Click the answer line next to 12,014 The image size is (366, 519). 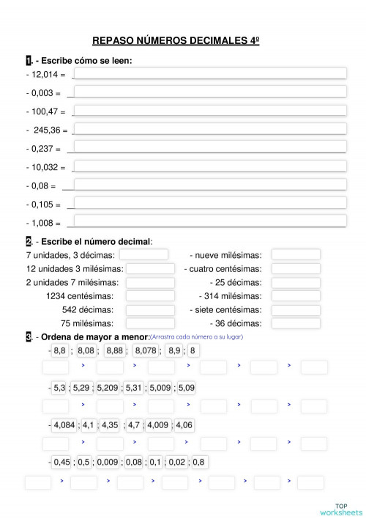point(209,73)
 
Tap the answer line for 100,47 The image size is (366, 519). point(209,111)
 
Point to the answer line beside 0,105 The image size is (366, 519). point(209,203)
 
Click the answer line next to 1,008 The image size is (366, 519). point(209,221)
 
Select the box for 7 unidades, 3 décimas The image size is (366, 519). point(143,254)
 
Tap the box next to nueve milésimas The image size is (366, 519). point(296,254)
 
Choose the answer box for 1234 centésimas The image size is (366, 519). point(149,296)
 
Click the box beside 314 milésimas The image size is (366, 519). point(296,296)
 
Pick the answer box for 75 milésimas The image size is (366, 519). point(149,323)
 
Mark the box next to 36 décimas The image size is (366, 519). point(296,323)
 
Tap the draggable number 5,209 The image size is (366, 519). point(108,388)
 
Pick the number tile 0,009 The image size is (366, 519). point(108,462)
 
